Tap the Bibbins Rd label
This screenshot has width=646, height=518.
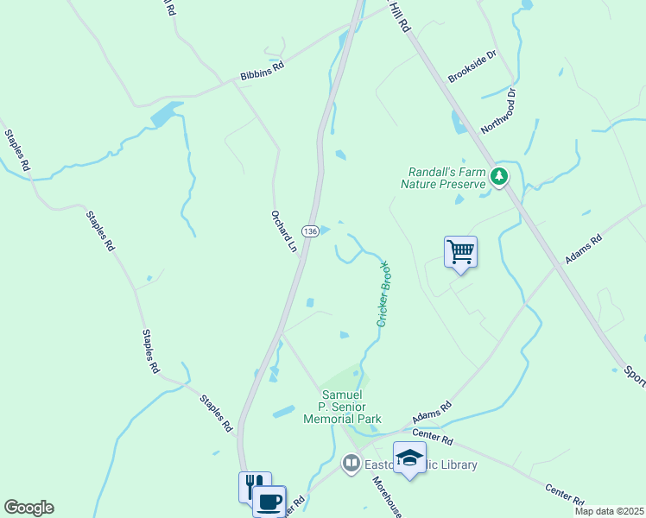[262, 74]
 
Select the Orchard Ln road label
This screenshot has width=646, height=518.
[283, 231]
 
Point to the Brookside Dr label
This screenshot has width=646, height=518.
[472, 66]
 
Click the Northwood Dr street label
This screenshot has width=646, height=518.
[498, 110]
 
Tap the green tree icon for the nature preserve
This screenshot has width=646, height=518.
[498, 176]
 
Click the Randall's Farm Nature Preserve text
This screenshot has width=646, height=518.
[441, 178]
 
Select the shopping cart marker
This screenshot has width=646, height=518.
[460, 252]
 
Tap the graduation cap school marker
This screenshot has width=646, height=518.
[409, 457]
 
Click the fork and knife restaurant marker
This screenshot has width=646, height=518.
[254, 485]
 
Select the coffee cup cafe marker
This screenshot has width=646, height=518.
[269, 500]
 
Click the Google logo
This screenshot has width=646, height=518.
[28, 508]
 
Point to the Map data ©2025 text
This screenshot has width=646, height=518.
[609, 511]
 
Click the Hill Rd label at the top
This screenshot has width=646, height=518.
[398, 16]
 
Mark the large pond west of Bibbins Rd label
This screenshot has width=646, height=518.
[166, 113]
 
